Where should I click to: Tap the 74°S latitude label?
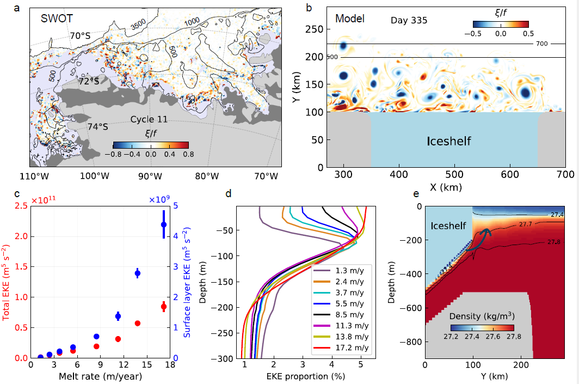click(98, 126)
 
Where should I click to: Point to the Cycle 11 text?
click(149, 119)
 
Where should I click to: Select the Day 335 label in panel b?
click(409, 20)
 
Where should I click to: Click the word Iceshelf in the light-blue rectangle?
click(449, 142)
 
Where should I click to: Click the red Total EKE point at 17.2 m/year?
click(164, 307)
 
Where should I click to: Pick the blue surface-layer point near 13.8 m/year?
click(138, 273)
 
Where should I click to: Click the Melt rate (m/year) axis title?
click(101, 376)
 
